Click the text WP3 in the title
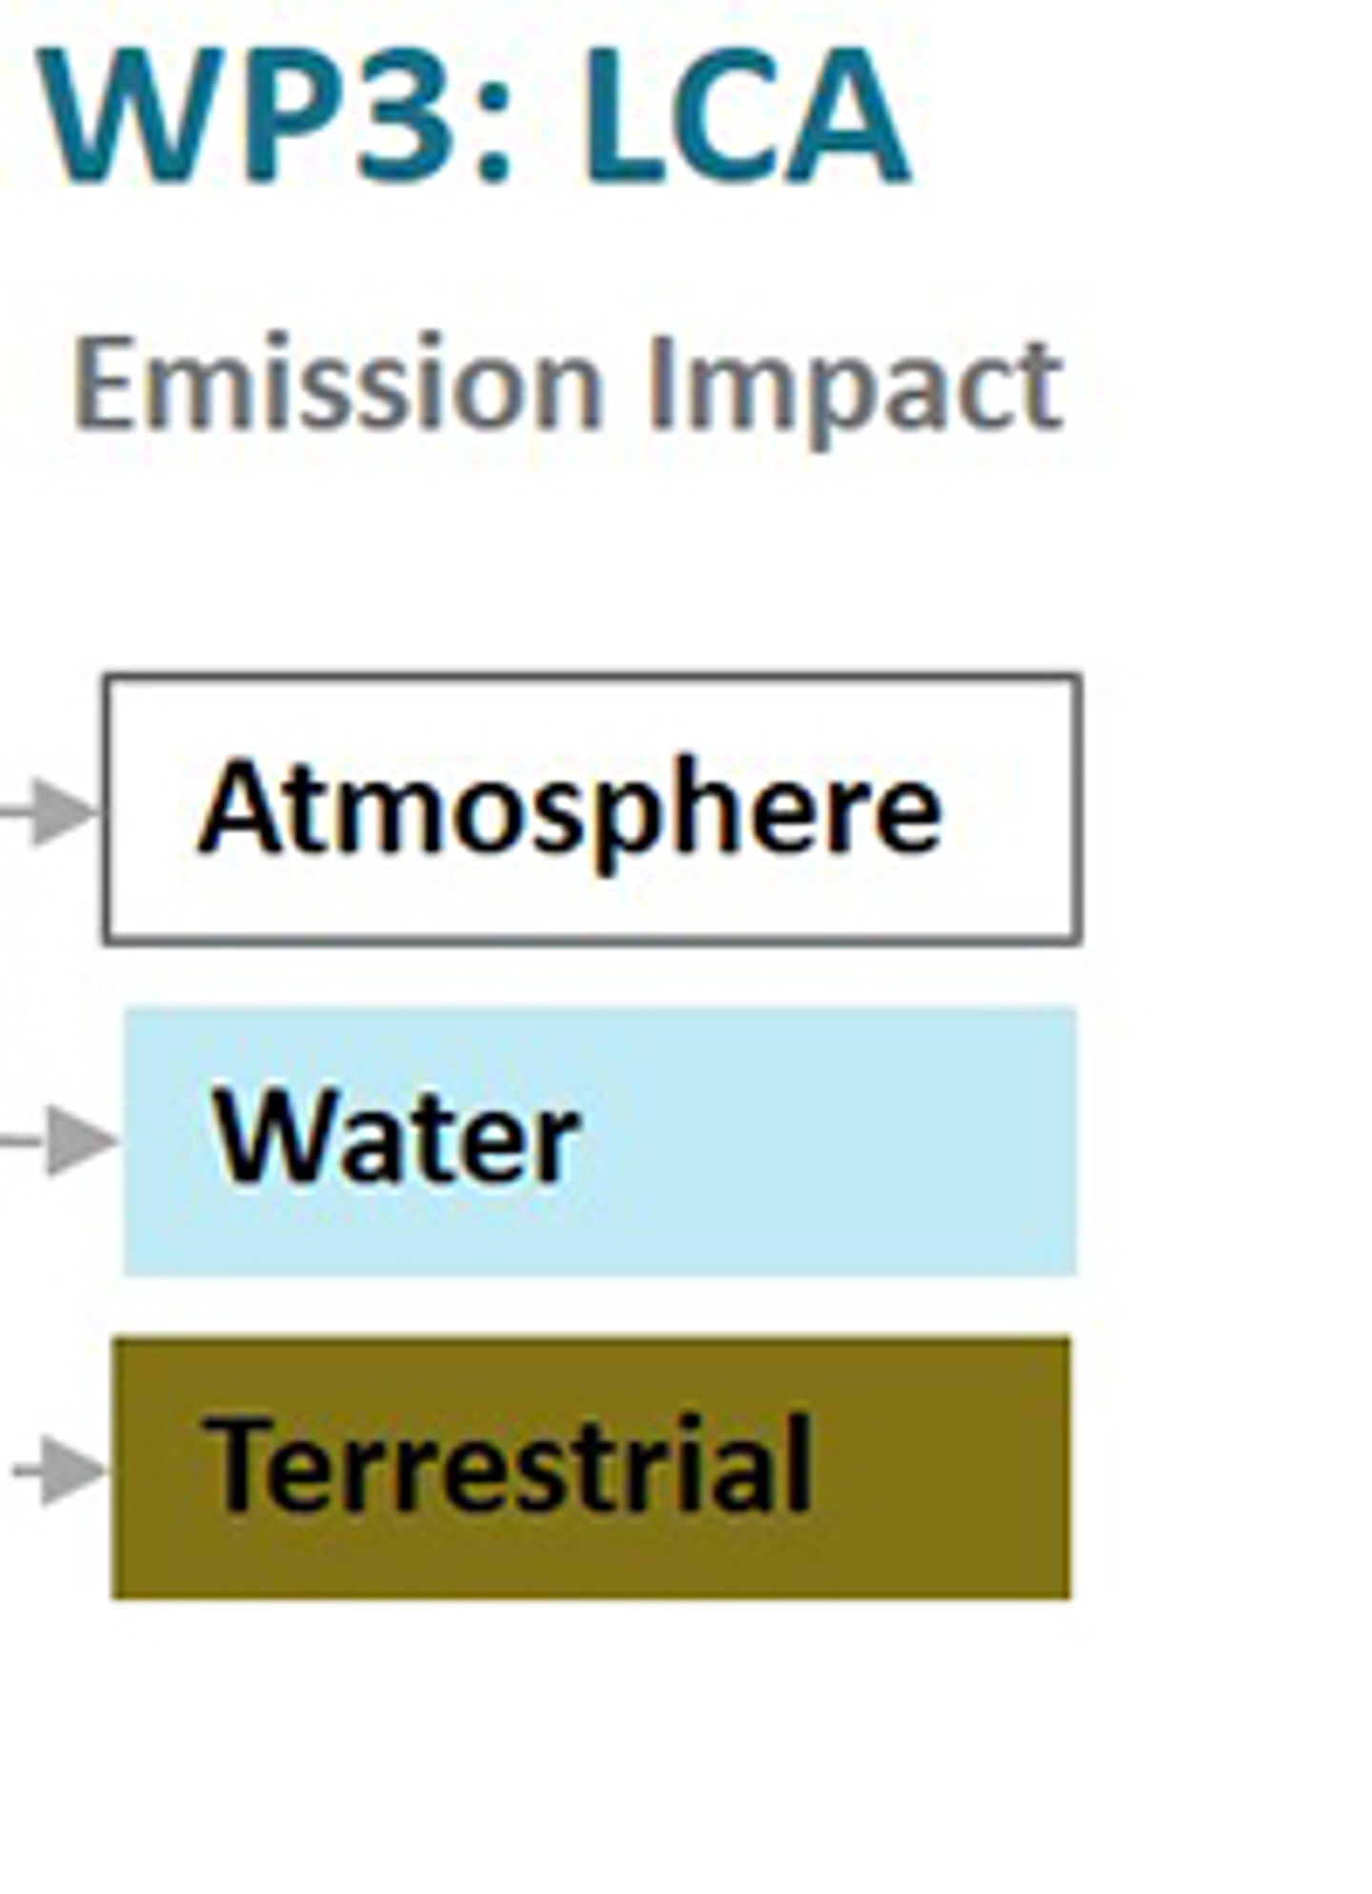242,114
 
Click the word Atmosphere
569,810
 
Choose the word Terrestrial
510,1463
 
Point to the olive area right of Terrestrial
943,1468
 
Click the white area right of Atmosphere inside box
1010,810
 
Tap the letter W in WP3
124,114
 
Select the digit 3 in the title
402,114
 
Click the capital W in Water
281,1134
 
